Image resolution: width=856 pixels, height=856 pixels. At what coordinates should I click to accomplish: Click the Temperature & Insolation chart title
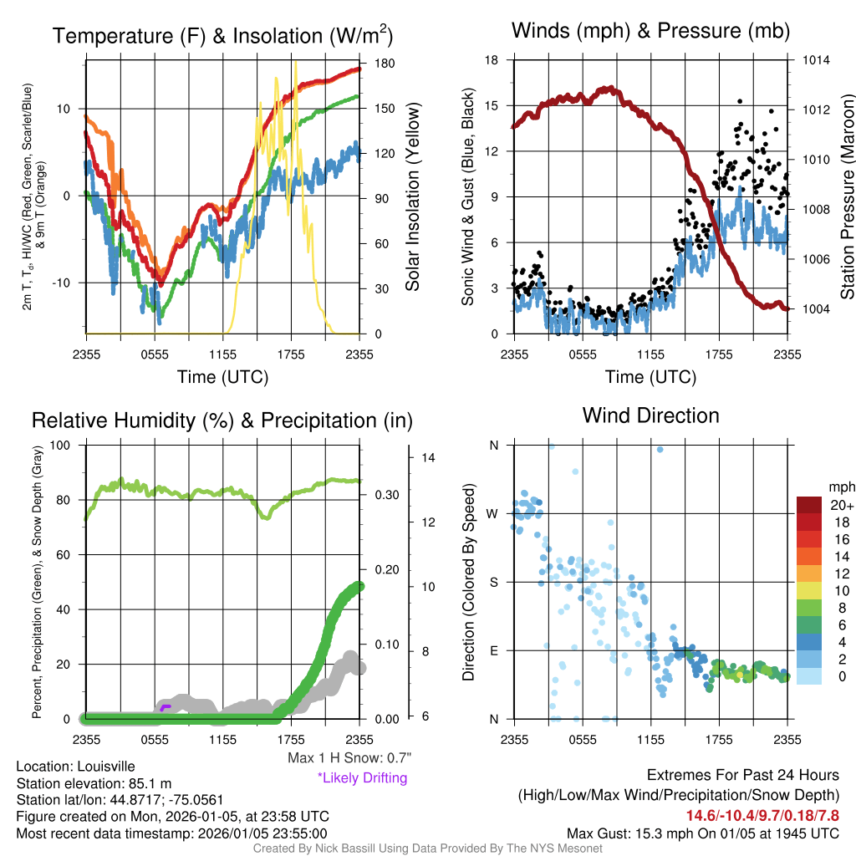(x=222, y=36)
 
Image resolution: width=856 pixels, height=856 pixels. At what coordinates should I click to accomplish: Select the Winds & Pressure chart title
(x=650, y=32)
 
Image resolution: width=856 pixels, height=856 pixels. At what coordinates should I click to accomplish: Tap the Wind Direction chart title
(x=650, y=415)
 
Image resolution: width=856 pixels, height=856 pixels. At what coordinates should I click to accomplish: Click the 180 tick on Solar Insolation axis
(x=385, y=64)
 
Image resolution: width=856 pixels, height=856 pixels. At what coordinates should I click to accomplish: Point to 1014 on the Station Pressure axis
(x=816, y=60)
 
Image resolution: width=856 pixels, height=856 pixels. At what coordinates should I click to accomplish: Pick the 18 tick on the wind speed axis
(x=492, y=60)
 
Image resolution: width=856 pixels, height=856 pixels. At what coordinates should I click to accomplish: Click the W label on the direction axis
(x=493, y=513)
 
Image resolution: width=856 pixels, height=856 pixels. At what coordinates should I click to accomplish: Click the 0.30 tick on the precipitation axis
(x=385, y=495)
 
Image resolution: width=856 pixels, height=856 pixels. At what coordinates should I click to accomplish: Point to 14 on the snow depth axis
(x=428, y=458)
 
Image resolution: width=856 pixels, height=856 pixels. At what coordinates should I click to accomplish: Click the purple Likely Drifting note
(x=362, y=778)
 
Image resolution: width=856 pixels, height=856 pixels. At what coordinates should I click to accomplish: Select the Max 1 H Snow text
(x=349, y=758)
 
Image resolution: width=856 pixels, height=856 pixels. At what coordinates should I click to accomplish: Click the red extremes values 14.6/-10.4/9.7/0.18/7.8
(x=762, y=815)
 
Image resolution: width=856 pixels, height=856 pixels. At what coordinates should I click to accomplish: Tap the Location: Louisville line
(x=75, y=766)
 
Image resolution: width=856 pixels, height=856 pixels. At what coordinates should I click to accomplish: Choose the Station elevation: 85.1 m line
(x=94, y=782)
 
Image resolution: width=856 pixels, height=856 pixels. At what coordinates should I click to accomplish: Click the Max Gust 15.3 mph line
(x=702, y=833)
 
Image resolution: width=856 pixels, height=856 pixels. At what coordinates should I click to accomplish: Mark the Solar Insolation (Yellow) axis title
(x=413, y=197)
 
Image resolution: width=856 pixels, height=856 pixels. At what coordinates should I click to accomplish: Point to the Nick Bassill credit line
(x=427, y=848)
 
